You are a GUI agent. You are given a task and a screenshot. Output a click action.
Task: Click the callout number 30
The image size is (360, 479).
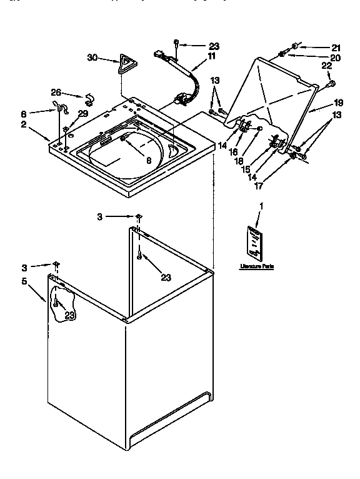pyautogui.click(x=92, y=58)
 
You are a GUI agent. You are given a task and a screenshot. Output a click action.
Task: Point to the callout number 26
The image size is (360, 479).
pyautogui.click(x=56, y=94)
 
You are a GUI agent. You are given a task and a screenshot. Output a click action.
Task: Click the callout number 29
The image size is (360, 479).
pyautogui.click(x=82, y=113)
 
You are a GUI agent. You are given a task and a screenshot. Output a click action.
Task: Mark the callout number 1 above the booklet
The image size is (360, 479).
pyautogui.click(x=261, y=206)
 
